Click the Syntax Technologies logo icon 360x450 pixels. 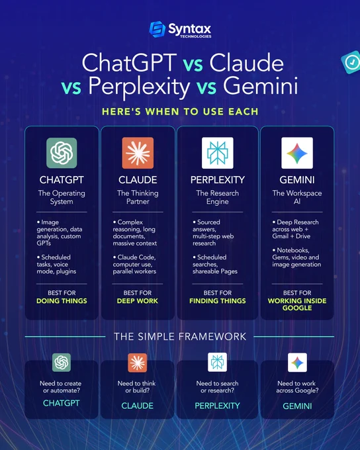tap(157, 29)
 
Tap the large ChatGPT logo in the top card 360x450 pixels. tap(62, 153)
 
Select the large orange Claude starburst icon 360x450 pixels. tap(138, 153)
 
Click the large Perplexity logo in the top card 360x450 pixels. tap(218, 153)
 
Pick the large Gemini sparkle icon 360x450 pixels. tap(297, 153)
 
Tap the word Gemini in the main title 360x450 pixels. tap(261, 85)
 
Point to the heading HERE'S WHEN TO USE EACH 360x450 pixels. tap(180, 112)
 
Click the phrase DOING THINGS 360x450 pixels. tap(62, 300)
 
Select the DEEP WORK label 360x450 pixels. tap(138, 300)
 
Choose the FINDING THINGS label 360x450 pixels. tap(218, 300)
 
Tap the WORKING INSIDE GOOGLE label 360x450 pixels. tap(297, 304)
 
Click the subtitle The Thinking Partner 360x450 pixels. tap(138, 197)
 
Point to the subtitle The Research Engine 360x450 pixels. tap(218, 197)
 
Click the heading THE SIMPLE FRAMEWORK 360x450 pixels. tap(180, 336)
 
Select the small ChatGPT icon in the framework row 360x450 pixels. tap(62, 363)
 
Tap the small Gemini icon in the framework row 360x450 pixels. tap(297, 363)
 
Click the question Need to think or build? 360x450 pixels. tap(136, 387)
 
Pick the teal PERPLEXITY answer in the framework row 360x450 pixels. tap(217, 406)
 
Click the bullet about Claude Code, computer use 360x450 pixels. tap(134, 264)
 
